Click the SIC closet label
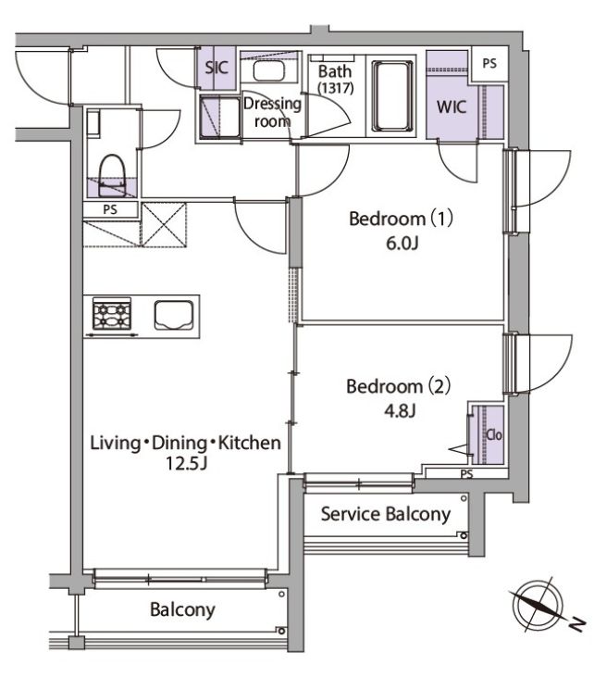pyautogui.click(x=217, y=68)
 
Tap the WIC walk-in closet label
pyautogui.click(x=452, y=107)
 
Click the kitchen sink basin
pyautogui.click(x=173, y=315)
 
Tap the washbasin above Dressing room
pyautogui.click(x=268, y=70)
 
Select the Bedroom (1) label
pyautogui.click(x=401, y=218)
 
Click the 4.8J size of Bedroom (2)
pyautogui.click(x=400, y=410)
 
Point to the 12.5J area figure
pyautogui.click(x=187, y=463)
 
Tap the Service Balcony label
pyautogui.click(x=386, y=514)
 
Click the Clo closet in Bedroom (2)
pyautogui.click(x=488, y=434)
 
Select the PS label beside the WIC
pyautogui.click(x=489, y=64)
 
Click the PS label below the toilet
pyautogui.click(x=110, y=210)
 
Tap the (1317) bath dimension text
pyautogui.click(x=336, y=88)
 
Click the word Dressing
pyautogui.click(x=272, y=104)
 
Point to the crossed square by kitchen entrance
pyautogui.click(x=164, y=224)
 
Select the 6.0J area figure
pyautogui.click(x=403, y=244)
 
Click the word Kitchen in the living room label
pyautogui.click(x=249, y=443)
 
